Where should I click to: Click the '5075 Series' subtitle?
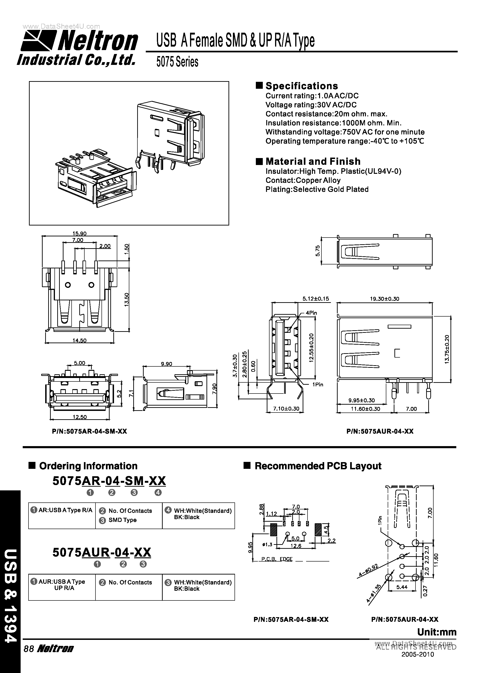177,62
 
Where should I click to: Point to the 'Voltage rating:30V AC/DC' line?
311,105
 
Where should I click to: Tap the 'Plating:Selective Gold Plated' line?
317,189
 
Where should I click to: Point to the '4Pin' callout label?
311,313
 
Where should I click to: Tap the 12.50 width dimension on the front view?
80,417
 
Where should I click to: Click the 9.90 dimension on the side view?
166,364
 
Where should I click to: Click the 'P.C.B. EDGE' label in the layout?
277,559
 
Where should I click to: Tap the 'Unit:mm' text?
437,632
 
